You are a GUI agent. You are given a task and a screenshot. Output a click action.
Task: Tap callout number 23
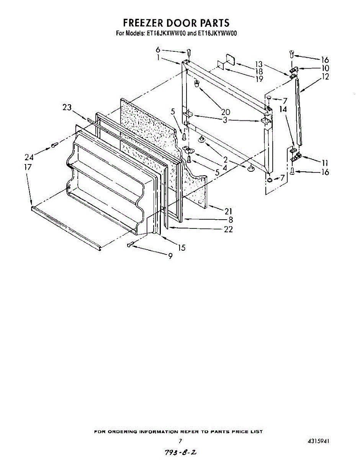coord(67,108)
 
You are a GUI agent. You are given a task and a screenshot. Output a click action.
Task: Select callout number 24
coord(29,156)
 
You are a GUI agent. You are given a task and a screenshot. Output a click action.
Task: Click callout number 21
coord(229,211)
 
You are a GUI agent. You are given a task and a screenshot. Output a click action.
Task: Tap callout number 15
coord(182,248)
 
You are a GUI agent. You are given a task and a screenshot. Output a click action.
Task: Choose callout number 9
coord(170,256)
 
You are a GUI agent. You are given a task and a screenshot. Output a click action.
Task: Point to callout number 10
coord(325,68)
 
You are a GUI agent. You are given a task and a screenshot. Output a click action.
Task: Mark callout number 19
coord(259,79)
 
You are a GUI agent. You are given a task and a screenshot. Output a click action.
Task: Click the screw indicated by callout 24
coord(54,145)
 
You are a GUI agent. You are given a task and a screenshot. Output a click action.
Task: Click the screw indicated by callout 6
coord(189,52)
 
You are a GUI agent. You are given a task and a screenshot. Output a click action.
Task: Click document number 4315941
coord(318,441)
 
